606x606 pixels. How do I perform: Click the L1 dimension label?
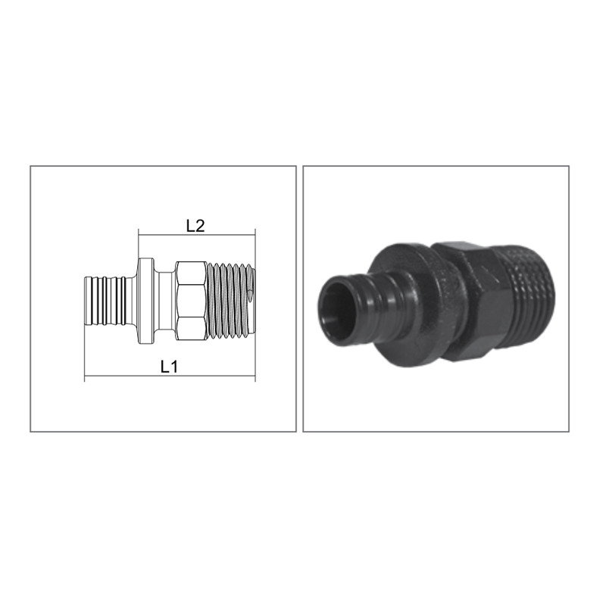pyautogui.click(x=169, y=367)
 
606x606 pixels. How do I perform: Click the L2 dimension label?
pyautogui.click(x=195, y=226)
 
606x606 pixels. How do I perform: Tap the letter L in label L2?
pyautogui.click(x=190, y=226)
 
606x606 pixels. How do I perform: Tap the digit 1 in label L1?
pyautogui.click(x=174, y=367)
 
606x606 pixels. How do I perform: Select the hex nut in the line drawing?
pyautogui.click(x=191, y=301)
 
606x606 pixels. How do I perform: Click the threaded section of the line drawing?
pyautogui.click(x=231, y=301)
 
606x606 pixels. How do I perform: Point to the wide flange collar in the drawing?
pyautogui.click(x=145, y=301)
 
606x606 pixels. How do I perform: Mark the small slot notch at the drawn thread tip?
pyautogui.click(x=251, y=295)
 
